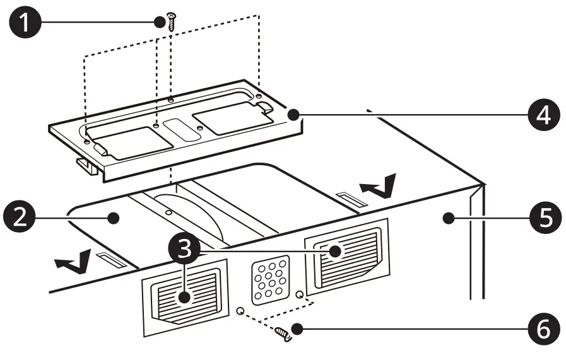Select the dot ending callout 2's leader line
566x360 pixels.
pyautogui.click(x=114, y=218)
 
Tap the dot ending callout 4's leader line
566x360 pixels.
pyautogui.click(x=292, y=114)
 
